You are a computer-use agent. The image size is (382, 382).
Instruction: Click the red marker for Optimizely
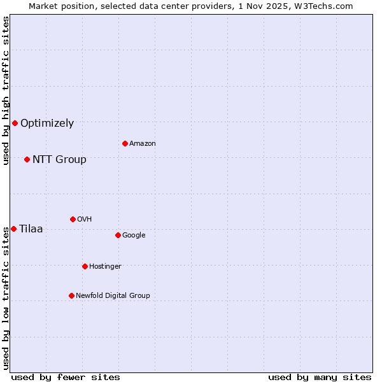[x=15, y=123]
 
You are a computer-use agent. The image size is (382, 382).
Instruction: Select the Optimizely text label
[x=47, y=124]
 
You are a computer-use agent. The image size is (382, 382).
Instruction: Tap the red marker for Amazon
[x=125, y=143]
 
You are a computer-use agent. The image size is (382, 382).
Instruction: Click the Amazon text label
[x=143, y=144]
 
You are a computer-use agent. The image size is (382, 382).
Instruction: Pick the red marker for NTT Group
[x=27, y=159]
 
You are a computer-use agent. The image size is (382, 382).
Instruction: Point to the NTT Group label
[x=59, y=160]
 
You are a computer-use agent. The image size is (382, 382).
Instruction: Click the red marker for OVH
[x=73, y=219]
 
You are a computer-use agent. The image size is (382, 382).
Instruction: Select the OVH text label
[x=85, y=220]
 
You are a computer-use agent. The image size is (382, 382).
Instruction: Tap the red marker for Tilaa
[x=13, y=229]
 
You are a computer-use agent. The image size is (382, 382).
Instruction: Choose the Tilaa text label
[x=31, y=229]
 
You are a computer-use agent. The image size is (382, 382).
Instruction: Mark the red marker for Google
[x=118, y=235]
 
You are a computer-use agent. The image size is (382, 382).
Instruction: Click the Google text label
[x=134, y=236]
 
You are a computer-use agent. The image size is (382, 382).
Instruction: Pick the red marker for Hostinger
[x=85, y=266]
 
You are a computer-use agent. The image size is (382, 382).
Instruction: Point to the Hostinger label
[x=105, y=267]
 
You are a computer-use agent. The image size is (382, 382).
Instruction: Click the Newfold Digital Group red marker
[x=71, y=295]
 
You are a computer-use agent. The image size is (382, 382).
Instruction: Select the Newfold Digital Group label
[x=113, y=296]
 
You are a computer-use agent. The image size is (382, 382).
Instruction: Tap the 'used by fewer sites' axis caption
[x=66, y=377]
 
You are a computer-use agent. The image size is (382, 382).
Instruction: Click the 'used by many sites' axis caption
[x=320, y=377]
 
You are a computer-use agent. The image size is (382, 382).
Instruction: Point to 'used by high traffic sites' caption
[x=6, y=90]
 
